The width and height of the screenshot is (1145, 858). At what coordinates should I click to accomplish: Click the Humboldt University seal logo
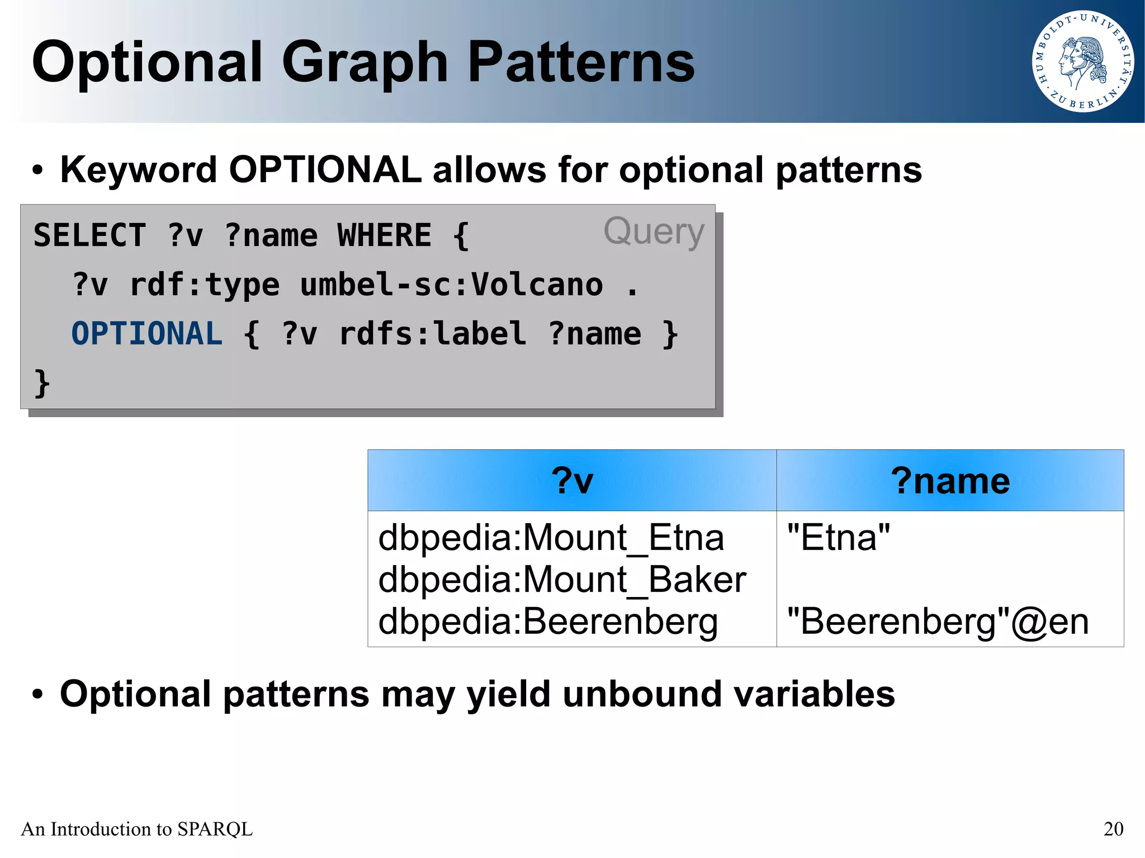[x=1082, y=61]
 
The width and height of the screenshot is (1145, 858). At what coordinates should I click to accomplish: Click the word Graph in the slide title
[x=365, y=63]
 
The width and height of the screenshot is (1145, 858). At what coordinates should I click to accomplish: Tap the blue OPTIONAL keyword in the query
[x=147, y=334]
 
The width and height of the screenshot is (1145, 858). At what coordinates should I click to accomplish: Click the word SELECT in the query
[x=90, y=235]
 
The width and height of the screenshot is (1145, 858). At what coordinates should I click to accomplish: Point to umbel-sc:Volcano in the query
[x=451, y=285]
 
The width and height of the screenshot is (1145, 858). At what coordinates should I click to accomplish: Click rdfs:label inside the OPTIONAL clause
[x=432, y=334]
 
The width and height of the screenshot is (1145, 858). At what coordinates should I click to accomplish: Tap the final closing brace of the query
[x=42, y=383]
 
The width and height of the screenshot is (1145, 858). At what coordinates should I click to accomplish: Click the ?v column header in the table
[x=571, y=481]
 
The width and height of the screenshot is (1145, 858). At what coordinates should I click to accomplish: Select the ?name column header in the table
[x=950, y=481]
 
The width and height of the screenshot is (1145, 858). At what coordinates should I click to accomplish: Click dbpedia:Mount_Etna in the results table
[x=551, y=538]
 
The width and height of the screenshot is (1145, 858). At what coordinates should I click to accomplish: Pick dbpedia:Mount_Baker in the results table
[x=562, y=580]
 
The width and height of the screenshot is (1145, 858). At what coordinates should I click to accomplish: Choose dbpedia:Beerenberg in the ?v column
[x=548, y=622]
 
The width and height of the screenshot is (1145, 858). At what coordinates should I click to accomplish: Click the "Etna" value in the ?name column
[x=838, y=538]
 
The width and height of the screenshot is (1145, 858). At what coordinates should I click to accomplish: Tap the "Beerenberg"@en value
[x=938, y=622]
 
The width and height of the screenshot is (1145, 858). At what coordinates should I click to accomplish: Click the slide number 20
[x=1113, y=829]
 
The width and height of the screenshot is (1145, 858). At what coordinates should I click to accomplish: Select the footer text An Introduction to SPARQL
[x=137, y=829]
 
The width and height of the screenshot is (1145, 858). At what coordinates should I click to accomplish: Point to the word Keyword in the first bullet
[x=138, y=170]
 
